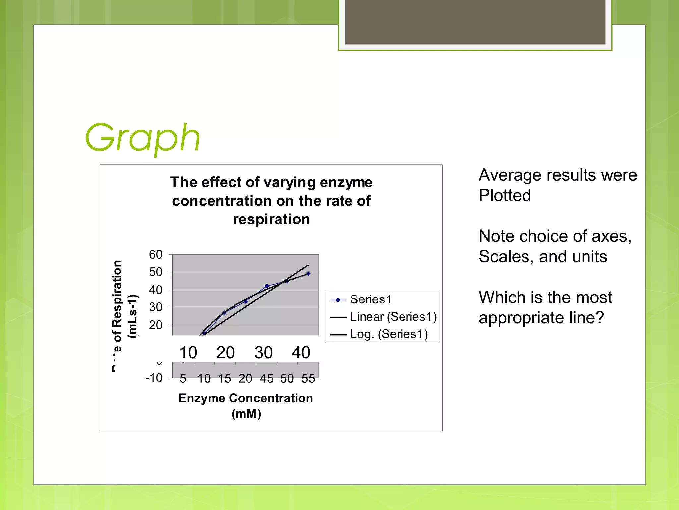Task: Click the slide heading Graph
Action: click(143, 138)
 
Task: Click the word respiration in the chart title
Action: click(271, 219)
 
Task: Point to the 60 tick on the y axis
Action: click(155, 255)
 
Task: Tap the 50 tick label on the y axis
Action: click(155, 272)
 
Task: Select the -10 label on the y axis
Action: click(154, 378)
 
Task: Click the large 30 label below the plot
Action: click(263, 352)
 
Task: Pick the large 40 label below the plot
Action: click(301, 352)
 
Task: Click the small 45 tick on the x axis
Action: click(266, 378)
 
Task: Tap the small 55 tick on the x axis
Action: click(308, 378)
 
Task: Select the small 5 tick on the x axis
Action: click(183, 378)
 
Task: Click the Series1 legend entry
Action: click(370, 299)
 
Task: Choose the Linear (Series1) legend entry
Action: click(393, 317)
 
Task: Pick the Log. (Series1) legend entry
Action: click(389, 334)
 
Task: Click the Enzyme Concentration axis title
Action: click(246, 398)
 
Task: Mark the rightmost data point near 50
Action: click(308, 274)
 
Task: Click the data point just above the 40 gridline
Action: click(267, 286)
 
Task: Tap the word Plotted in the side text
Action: click(505, 195)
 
